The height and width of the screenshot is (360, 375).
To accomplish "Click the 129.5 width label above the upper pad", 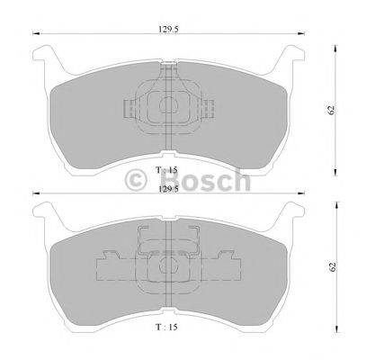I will pyautogui.click(x=168, y=29).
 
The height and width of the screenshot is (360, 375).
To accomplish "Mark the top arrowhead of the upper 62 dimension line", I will pyautogui.click(x=336, y=46).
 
